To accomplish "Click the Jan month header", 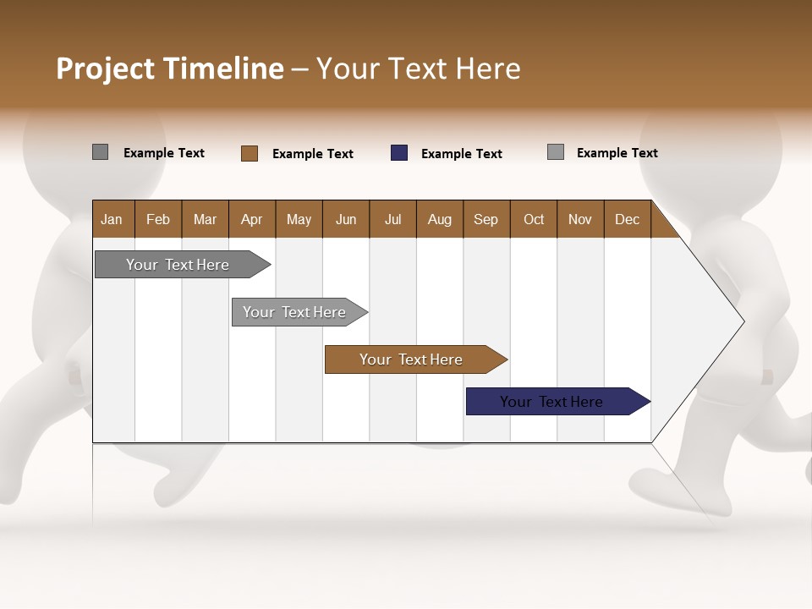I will [x=112, y=219].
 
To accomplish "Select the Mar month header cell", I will [x=205, y=219].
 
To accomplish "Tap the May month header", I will [x=299, y=219].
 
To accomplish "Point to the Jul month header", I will [x=392, y=219].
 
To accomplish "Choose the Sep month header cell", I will [x=486, y=219].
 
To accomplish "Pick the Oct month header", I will [x=534, y=219].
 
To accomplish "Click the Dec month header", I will [x=627, y=219].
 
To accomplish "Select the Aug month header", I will [x=439, y=219].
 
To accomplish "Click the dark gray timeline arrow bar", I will [x=178, y=265].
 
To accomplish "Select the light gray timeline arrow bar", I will [x=295, y=312].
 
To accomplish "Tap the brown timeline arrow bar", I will [x=411, y=359].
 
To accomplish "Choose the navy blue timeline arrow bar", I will [x=552, y=402].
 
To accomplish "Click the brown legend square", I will [x=250, y=153].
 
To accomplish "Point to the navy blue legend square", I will [x=399, y=153].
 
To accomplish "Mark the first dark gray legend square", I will [x=100, y=152].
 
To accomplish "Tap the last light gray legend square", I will [x=556, y=152].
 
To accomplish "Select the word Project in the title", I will [x=105, y=69].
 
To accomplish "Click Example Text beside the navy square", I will [x=461, y=154].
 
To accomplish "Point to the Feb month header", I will [x=158, y=219].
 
